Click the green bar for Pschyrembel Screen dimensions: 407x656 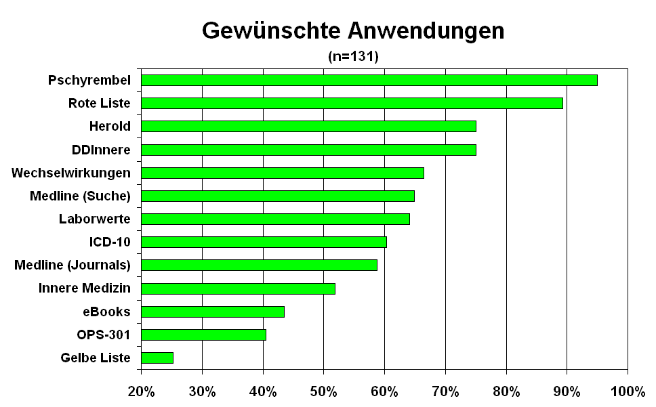(369, 80)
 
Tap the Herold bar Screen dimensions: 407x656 (308, 126)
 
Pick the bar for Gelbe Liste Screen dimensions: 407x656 (157, 358)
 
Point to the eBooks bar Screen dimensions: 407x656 (213, 312)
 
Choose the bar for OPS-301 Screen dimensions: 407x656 (203, 335)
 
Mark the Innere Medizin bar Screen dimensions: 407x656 (238, 288)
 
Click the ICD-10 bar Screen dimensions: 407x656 (264, 242)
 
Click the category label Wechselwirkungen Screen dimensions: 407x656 (71, 173)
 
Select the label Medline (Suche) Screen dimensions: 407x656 (80, 196)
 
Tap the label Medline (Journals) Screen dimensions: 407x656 (73, 265)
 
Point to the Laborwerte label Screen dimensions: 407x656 (95, 219)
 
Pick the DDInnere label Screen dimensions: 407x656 (101, 150)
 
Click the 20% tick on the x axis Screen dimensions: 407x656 (141, 391)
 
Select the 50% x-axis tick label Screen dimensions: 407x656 (324, 391)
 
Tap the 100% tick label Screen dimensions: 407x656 (628, 391)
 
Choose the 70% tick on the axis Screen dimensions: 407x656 (445, 391)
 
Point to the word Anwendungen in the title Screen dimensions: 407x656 (426, 30)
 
